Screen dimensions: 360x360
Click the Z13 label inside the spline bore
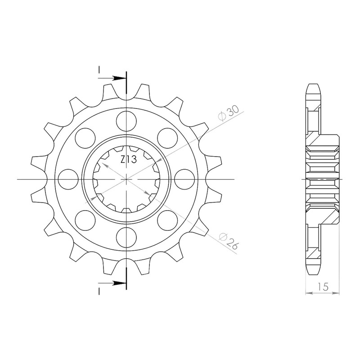129,159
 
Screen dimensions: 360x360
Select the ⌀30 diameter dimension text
229,113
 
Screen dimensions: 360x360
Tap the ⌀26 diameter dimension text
228,241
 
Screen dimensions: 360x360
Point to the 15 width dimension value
323,287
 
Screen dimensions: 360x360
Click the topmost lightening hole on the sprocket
126,121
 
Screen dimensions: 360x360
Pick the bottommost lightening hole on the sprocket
126,237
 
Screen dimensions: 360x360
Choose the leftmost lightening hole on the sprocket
68,179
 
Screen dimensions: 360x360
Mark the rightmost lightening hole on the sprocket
184,179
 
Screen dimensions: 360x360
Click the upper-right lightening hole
167,138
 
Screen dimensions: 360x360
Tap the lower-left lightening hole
85,220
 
